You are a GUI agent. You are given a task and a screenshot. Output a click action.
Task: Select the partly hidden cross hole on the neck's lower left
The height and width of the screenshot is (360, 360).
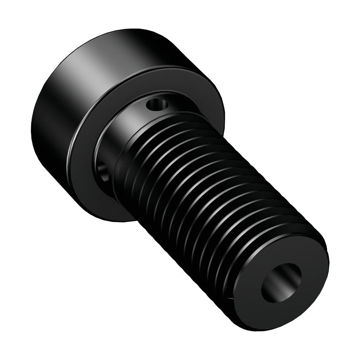[x=103, y=170]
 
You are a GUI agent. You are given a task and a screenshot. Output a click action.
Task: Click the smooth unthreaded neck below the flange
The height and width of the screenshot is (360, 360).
[x=126, y=126]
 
